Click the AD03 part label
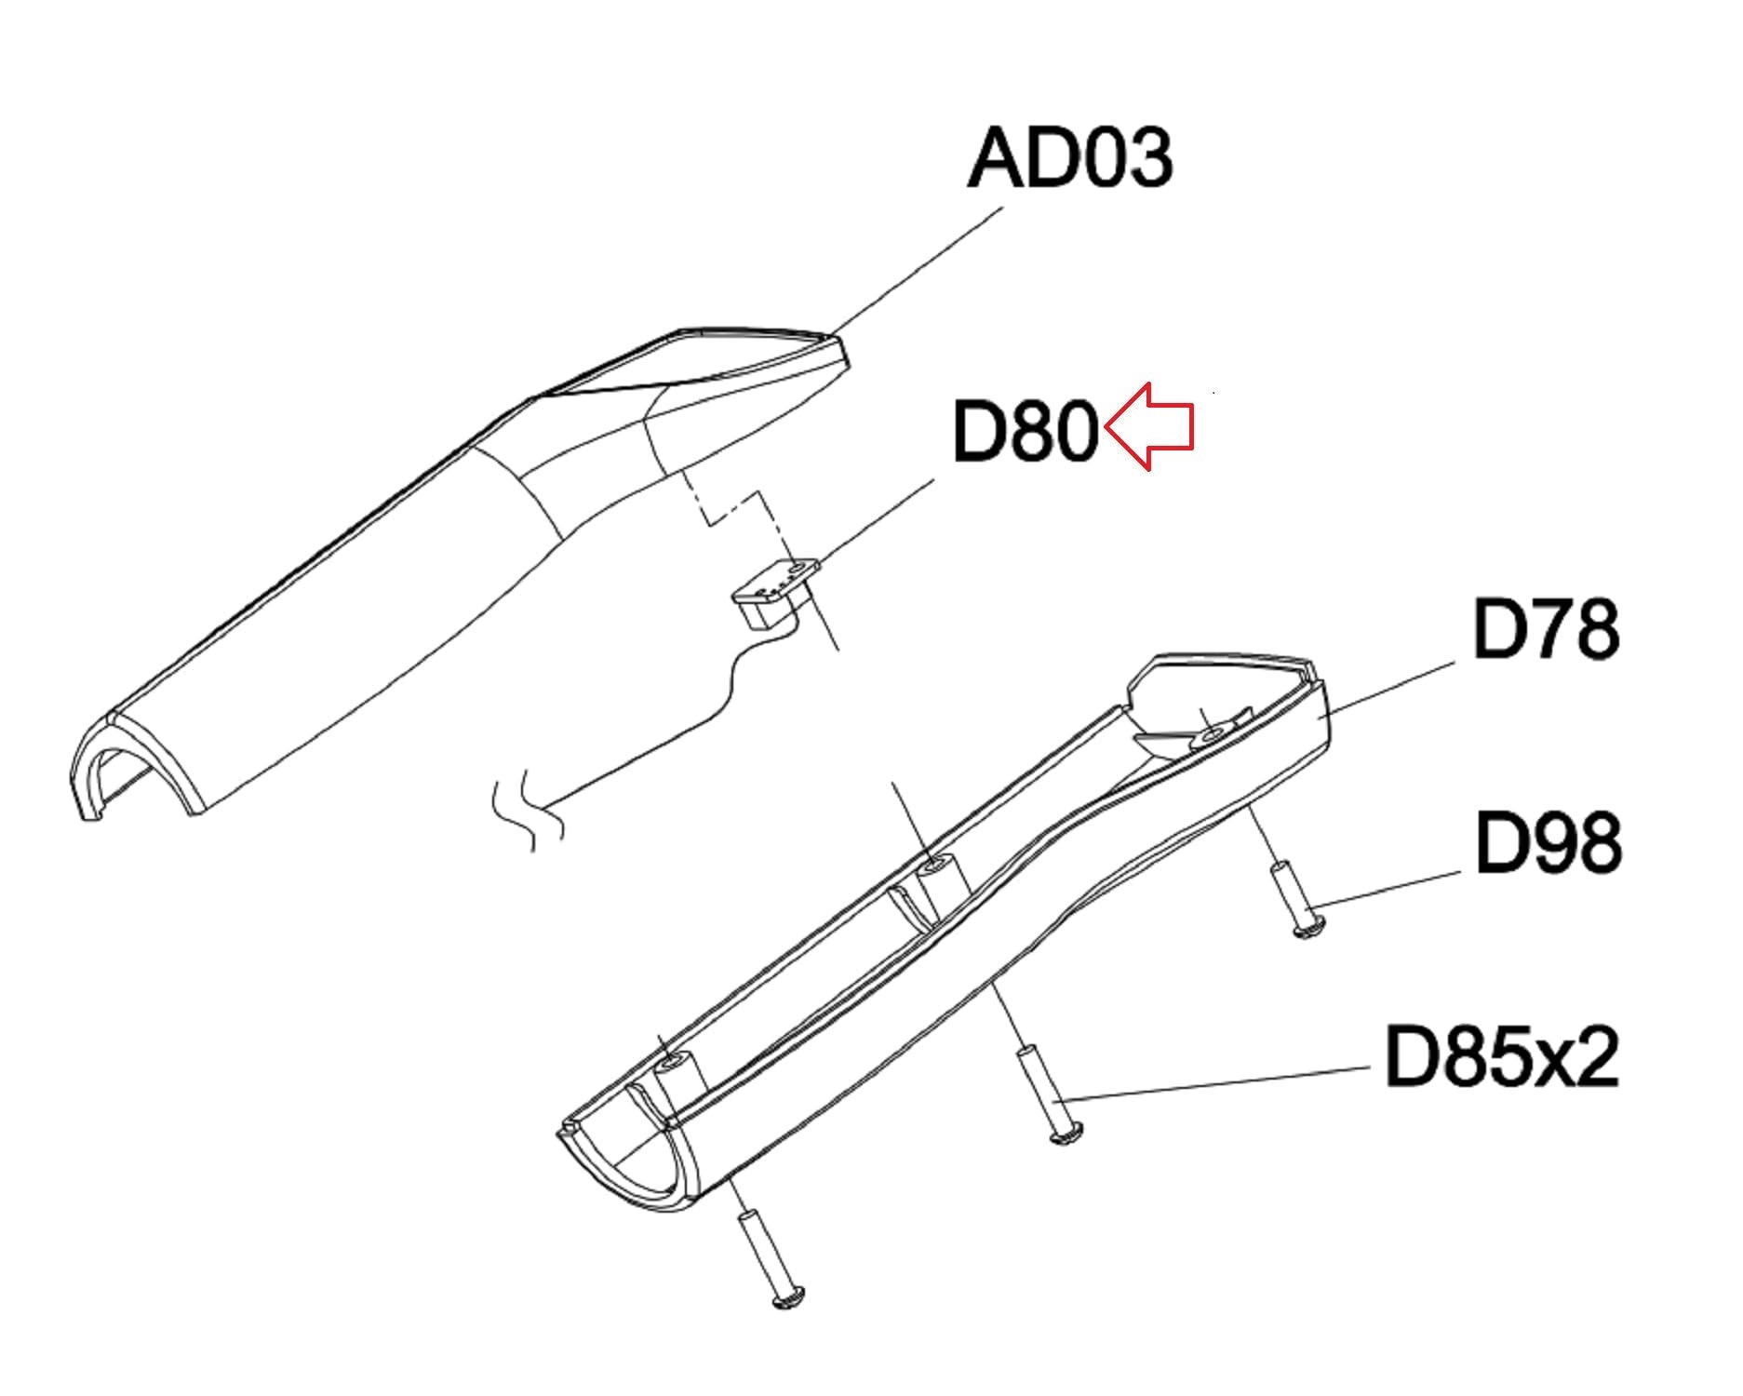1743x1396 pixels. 1070,158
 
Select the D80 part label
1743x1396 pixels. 1026,431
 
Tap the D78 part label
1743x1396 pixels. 1546,629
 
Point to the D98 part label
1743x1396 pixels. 1549,841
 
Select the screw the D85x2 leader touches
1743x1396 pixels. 1048,1094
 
